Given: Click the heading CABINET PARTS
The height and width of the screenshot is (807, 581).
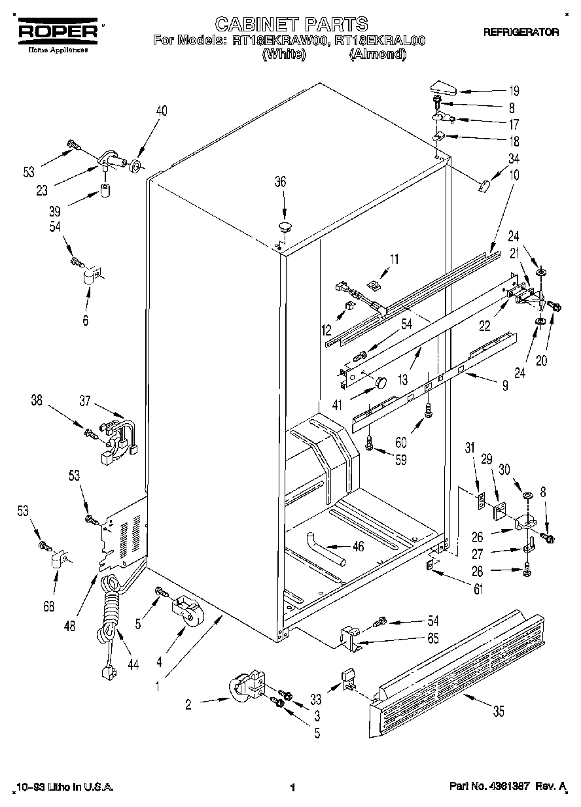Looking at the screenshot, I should (x=291, y=25).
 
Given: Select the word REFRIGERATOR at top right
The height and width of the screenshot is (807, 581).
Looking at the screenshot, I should (x=521, y=32).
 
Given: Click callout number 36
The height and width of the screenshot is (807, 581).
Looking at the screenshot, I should (x=280, y=183).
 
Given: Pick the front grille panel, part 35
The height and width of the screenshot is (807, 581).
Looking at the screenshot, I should (x=458, y=667).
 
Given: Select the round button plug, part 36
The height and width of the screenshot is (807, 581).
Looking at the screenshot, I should (x=285, y=228).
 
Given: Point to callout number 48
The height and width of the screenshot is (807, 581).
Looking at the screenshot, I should (x=71, y=625).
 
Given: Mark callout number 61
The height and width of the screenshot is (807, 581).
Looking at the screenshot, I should (x=478, y=590).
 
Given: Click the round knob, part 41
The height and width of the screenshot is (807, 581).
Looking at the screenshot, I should (x=381, y=382).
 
